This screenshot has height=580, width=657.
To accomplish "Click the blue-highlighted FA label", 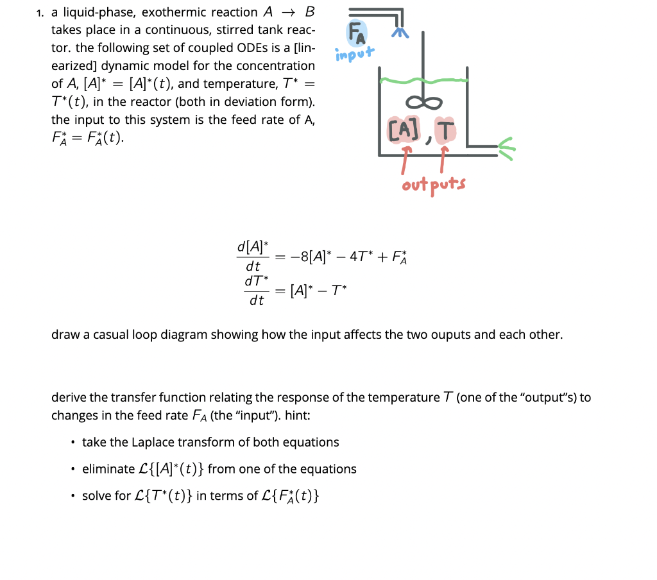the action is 357,33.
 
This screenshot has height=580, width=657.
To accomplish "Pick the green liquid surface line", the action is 423,81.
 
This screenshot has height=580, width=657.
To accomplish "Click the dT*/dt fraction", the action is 255,290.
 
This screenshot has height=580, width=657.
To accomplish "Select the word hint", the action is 298,415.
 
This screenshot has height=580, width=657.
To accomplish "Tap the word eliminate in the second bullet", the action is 108,469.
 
